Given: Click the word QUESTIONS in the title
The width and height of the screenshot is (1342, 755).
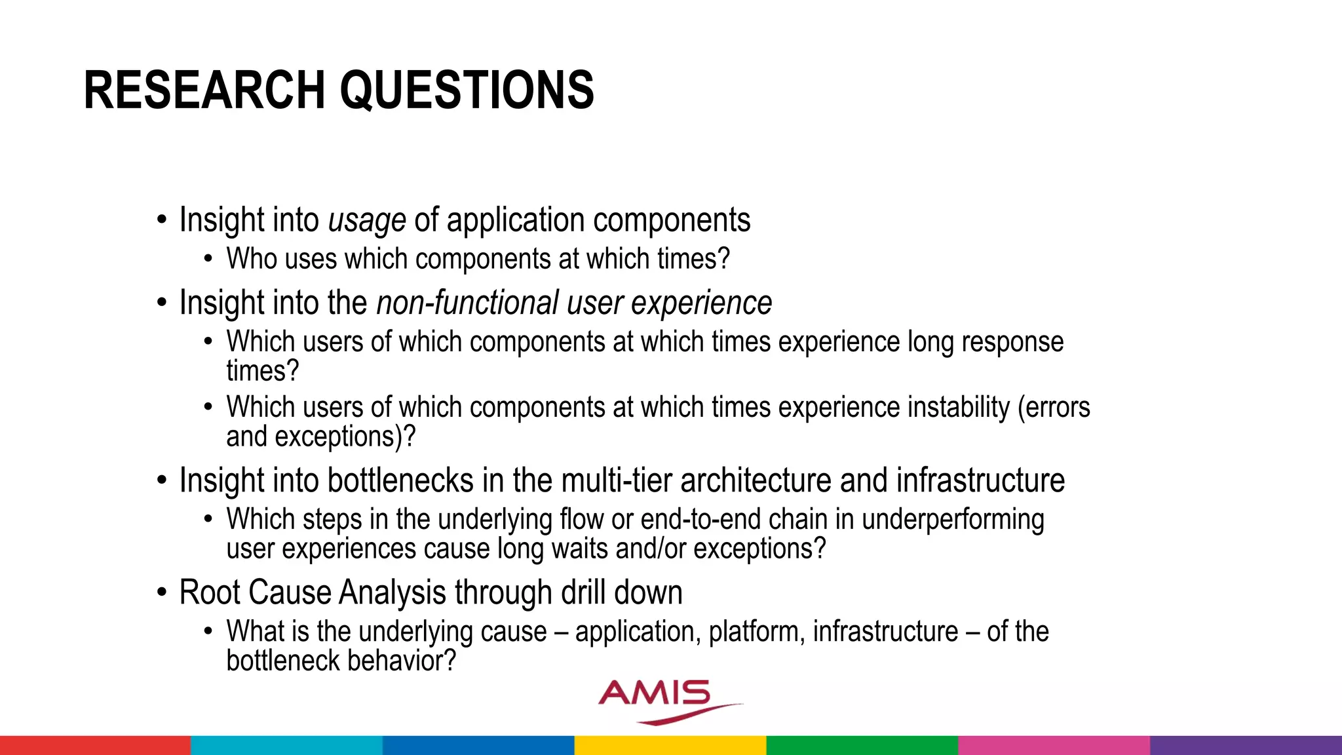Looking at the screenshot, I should (467, 90).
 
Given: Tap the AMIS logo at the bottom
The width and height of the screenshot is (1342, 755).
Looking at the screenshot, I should (662, 700).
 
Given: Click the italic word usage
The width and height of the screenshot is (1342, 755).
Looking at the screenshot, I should (367, 221).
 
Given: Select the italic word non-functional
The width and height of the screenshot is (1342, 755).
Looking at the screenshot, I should (467, 303).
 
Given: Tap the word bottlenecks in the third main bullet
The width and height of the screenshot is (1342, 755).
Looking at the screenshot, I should (400, 480).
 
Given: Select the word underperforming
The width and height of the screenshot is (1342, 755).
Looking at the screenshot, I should (952, 520).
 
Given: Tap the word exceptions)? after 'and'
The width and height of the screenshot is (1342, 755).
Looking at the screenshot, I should (345, 437).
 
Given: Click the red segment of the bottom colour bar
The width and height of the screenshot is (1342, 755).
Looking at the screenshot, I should (95, 745).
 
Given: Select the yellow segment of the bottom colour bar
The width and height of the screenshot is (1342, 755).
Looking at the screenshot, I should (670, 745).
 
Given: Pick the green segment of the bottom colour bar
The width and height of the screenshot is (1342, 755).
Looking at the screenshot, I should (862, 745).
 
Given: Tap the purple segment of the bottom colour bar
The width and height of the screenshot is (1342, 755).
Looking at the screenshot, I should (1246, 745).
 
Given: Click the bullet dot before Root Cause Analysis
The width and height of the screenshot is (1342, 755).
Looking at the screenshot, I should (162, 593).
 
